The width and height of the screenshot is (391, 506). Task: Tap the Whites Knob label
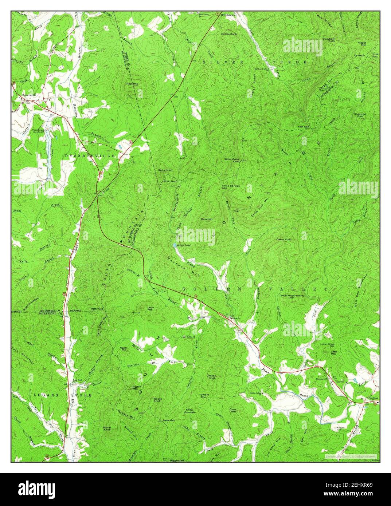(x=229, y=34)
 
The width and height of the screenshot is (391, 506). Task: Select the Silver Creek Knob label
(x=232, y=160)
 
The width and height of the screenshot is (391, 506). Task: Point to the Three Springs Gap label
(x=231, y=187)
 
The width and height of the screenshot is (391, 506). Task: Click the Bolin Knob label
(x=165, y=170)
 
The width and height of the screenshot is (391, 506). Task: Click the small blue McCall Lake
(x=175, y=245)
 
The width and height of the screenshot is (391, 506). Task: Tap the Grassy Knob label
(x=212, y=377)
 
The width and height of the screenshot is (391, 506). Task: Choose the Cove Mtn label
(x=233, y=410)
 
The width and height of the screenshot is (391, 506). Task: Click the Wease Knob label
(x=157, y=400)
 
